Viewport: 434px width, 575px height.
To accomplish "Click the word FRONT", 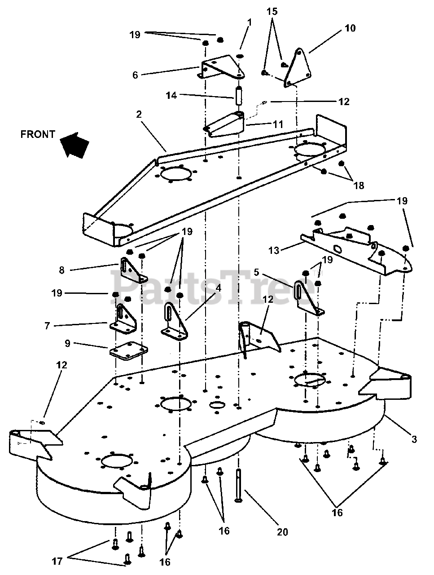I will point(38,134).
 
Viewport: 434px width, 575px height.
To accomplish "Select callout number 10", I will point(350,28).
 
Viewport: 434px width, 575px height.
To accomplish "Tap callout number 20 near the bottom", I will point(282,532).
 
